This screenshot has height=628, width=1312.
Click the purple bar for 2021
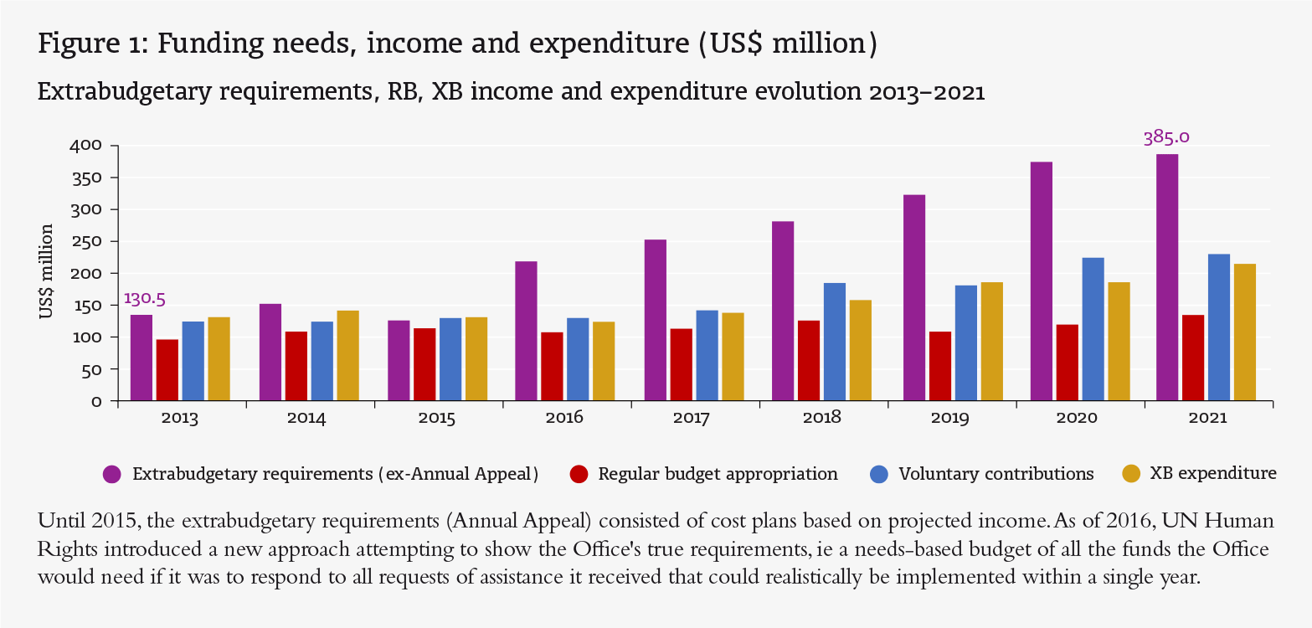pos(1166,277)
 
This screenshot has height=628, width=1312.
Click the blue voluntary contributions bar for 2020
pos(1093,329)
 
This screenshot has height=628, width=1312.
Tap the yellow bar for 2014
pos(347,355)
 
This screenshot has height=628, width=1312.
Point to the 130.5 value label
pos(145,298)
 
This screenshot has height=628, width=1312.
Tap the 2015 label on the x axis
pos(438,419)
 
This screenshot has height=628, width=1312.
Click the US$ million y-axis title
pos(47,272)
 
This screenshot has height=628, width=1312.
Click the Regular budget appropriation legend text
pos(718,474)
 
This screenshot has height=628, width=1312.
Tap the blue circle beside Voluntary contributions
pos(878,475)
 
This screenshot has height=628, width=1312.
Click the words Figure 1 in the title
pos(91,44)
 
